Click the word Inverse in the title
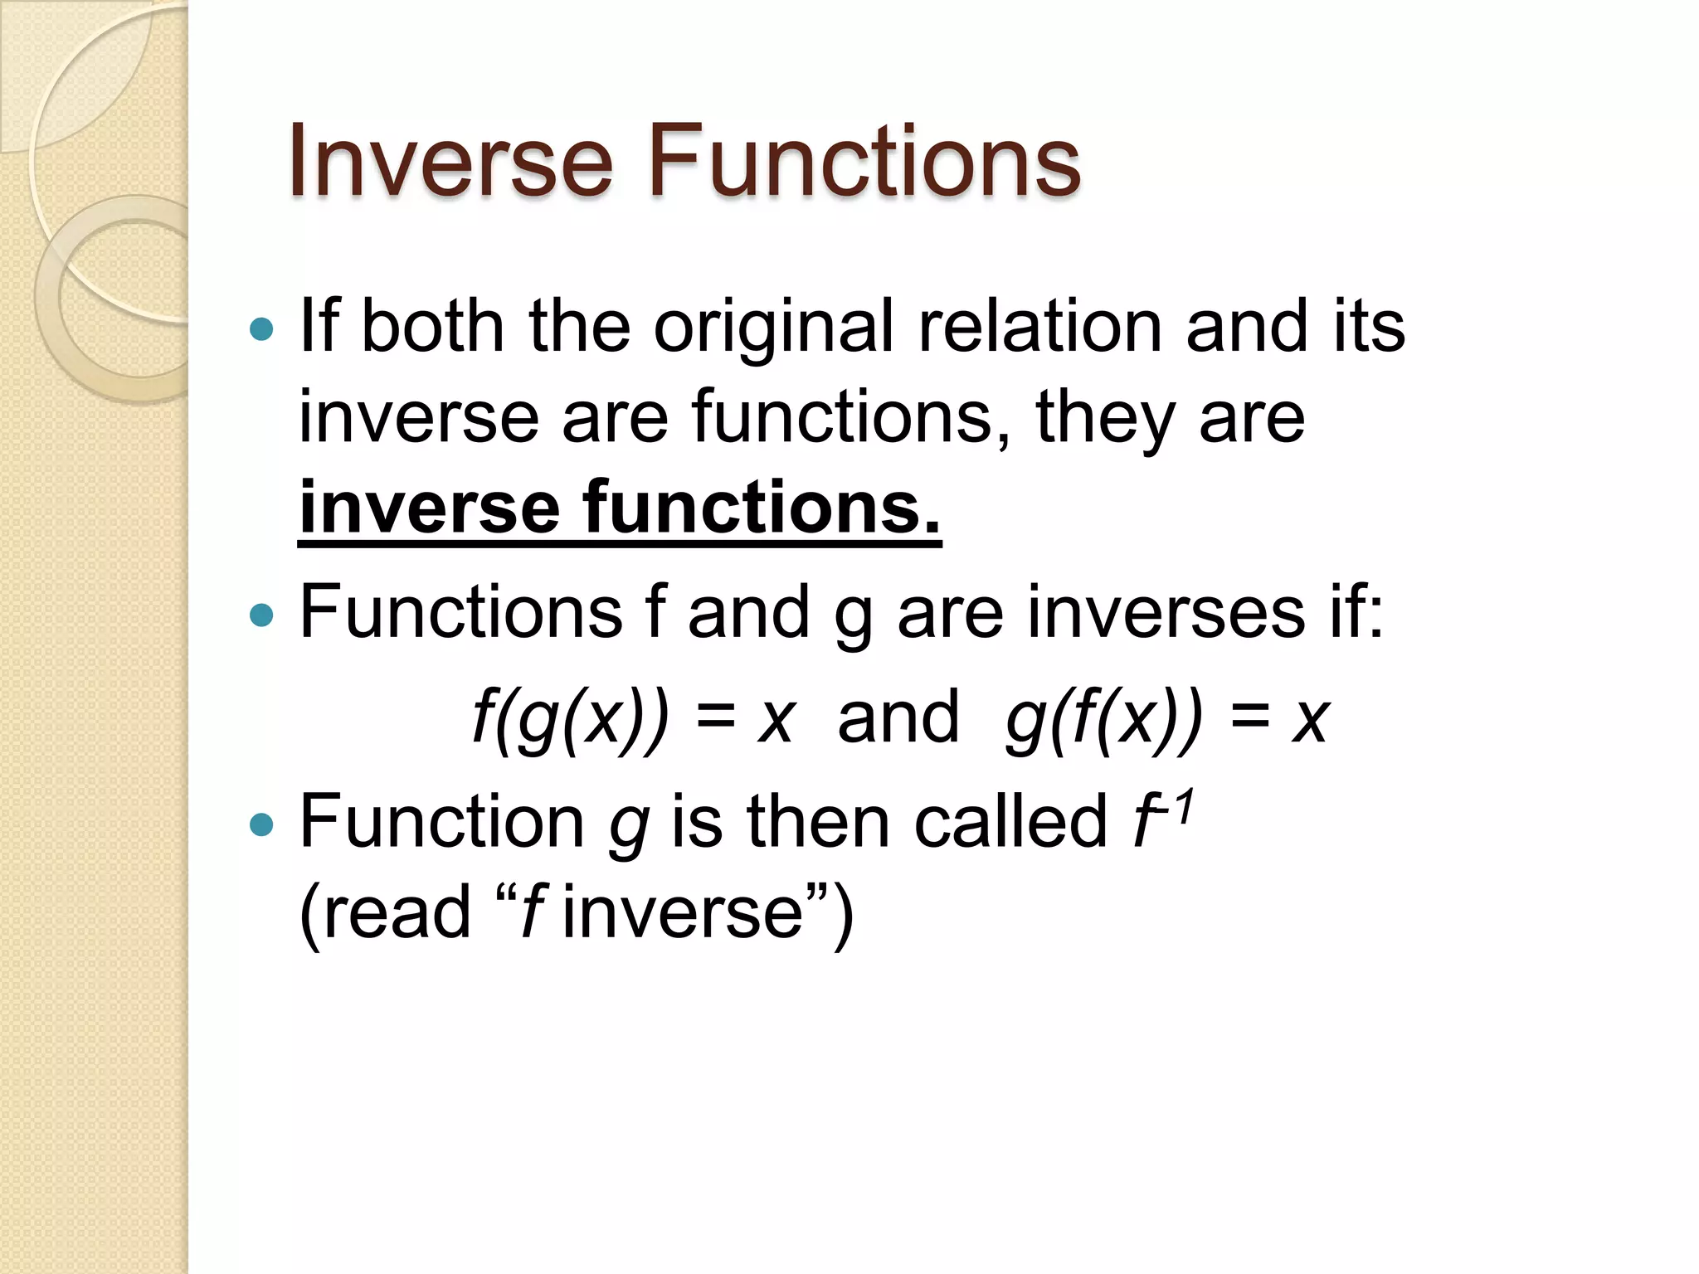[x=450, y=161]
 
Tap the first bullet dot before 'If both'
[x=261, y=329]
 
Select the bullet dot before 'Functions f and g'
[x=261, y=615]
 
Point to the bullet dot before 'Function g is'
[x=261, y=824]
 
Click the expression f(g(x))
[x=569, y=718]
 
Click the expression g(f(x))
[x=1103, y=718]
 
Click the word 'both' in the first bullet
[x=432, y=326]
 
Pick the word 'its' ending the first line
[x=1369, y=326]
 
